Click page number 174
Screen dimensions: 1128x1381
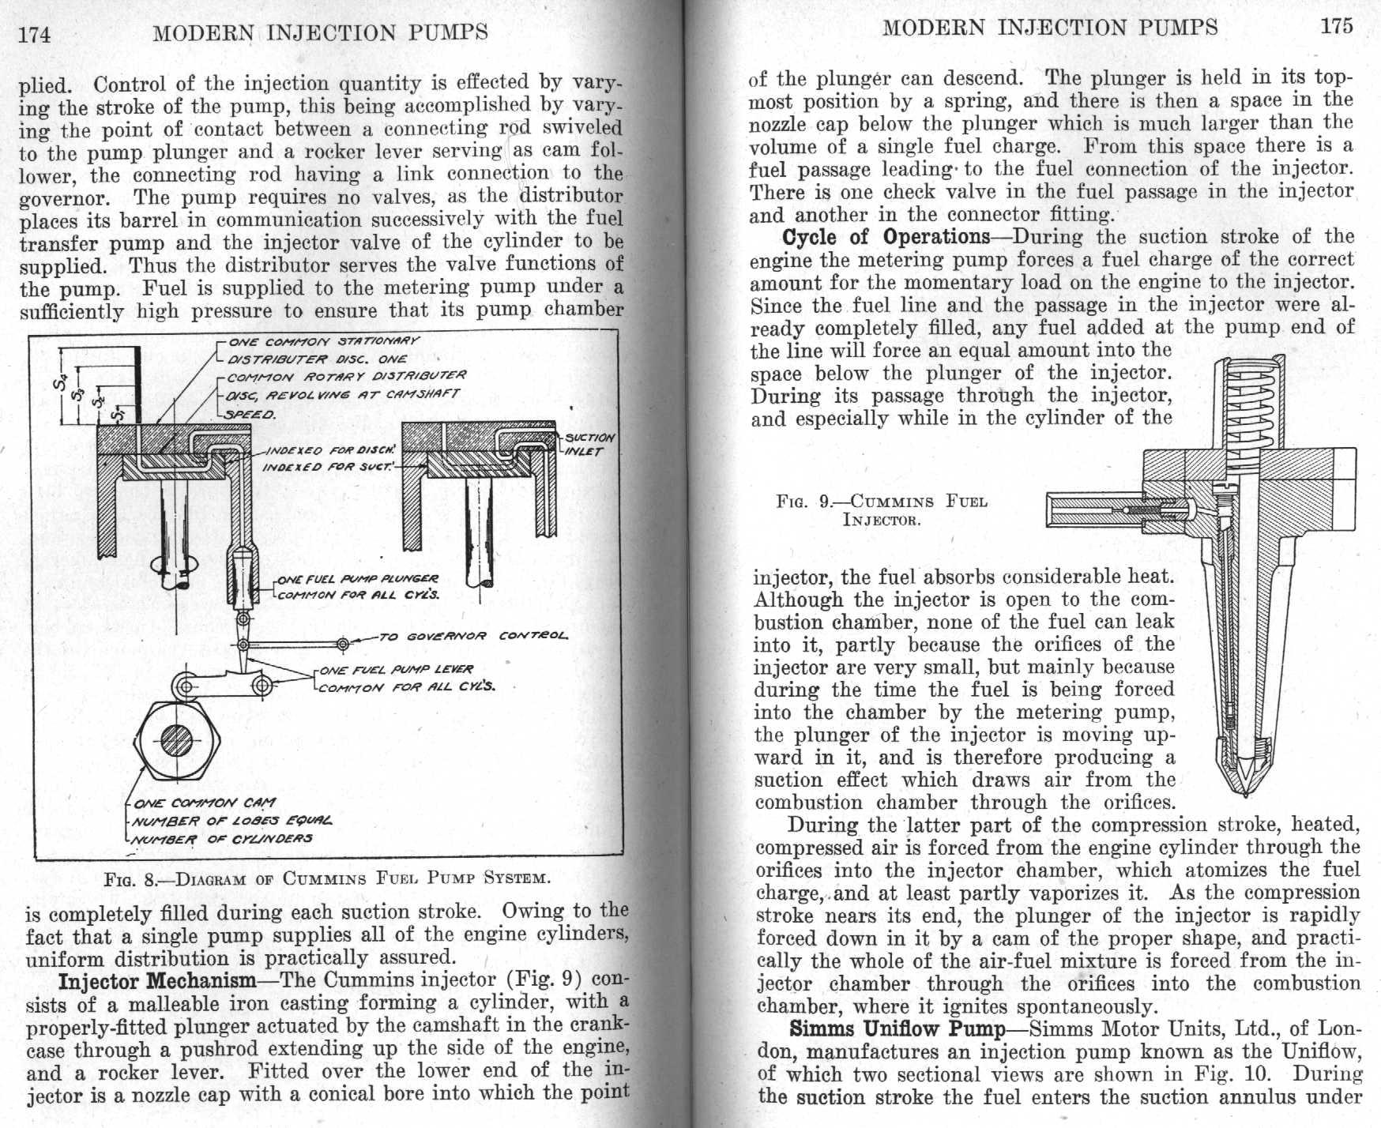35,34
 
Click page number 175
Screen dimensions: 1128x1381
1337,26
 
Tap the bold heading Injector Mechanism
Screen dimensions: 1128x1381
157,981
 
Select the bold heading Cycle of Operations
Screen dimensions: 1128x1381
886,237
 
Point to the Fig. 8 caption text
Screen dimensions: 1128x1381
326,878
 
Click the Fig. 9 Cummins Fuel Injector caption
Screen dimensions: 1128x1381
882,510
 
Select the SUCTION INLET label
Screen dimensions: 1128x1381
589,444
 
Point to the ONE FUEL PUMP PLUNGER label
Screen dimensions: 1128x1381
357,579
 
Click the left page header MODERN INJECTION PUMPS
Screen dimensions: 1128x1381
320,33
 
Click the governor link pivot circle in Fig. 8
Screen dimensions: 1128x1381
343,645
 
